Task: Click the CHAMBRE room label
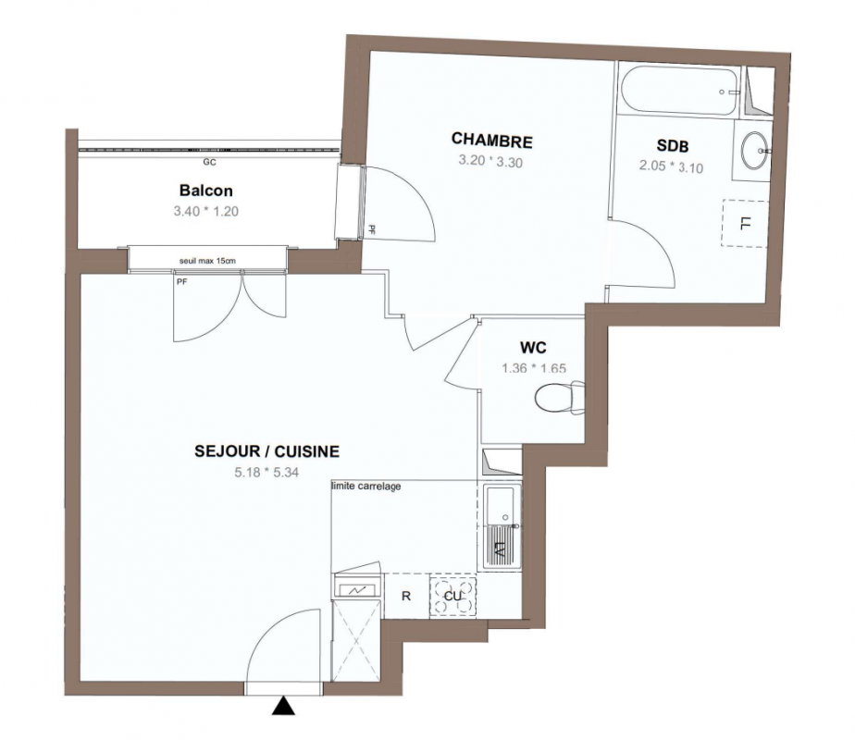pyautogui.click(x=492, y=140)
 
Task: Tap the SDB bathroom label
pyautogui.click(x=673, y=145)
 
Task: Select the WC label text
pyautogui.click(x=533, y=347)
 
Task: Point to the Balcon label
pyautogui.click(x=206, y=191)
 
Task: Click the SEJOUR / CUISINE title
pyautogui.click(x=267, y=451)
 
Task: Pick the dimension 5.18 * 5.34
pyautogui.click(x=266, y=473)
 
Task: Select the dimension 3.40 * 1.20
pyautogui.click(x=206, y=211)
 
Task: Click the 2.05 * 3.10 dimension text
pyautogui.click(x=671, y=166)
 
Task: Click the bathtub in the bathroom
pyautogui.click(x=679, y=91)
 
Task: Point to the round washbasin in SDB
pyautogui.click(x=755, y=150)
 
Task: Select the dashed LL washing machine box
pyautogui.click(x=745, y=224)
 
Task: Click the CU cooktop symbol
pyautogui.click(x=452, y=596)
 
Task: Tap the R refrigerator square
pyautogui.click(x=406, y=596)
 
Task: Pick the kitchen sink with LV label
pyautogui.click(x=500, y=527)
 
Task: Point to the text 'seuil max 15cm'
pyautogui.click(x=207, y=261)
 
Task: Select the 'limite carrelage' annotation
pyautogui.click(x=366, y=486)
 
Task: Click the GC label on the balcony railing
pyautogui.click(x=209, y=163)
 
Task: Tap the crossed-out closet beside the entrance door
pyautogui.click(x=356, y=640)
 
